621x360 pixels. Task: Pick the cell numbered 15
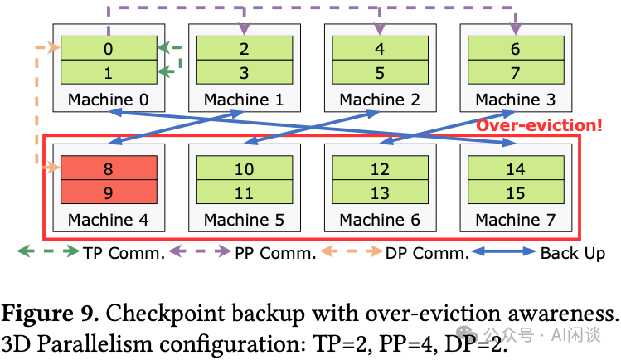coord(515,193)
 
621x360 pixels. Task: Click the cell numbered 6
coord(515,48)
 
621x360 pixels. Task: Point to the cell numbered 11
coord(244,193)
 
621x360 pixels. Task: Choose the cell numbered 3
coord(244,72)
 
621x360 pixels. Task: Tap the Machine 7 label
coord(515,220)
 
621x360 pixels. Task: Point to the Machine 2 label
coord(379,100)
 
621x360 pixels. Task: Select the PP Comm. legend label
coord(274,253)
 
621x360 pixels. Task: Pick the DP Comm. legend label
coord(426,253)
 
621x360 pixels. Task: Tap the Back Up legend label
coord(573,253)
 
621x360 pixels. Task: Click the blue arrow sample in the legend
coord(503,253)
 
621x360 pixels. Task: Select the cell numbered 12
coord(379,168)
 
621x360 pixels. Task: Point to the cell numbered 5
coord(379,72)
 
